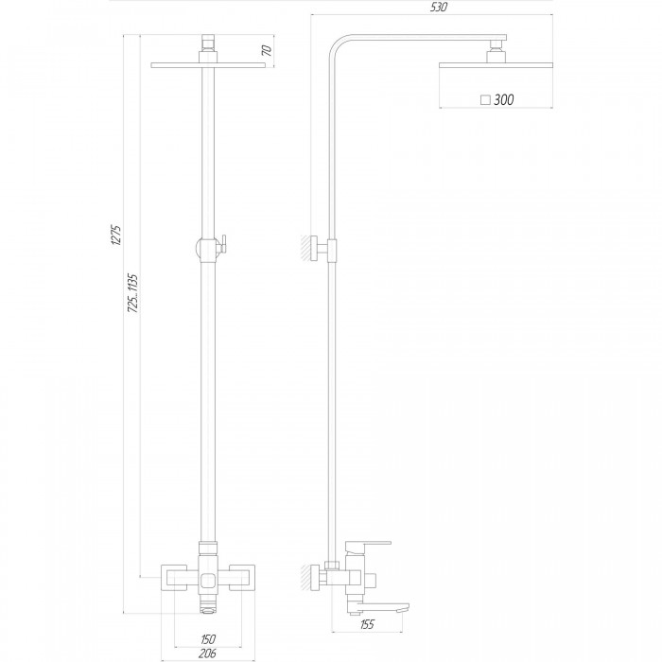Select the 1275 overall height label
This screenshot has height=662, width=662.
[x=115, y=235]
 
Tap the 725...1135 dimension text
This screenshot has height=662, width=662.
[x=133, y=293]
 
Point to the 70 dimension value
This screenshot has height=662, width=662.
[x=267, y=50]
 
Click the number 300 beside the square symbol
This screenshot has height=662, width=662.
[x=504, y=99]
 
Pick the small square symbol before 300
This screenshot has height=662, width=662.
[x=485, y=100]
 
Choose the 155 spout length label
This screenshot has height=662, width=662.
[x=367, y=624]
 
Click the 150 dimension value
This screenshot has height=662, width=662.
[x=208, y=638]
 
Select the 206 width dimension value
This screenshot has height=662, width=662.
[x=207, y=653]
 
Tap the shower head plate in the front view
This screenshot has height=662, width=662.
[x=208, y=65]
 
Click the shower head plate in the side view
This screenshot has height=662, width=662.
[x=496, y=65]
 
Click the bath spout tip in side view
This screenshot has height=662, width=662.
[x=406, y=608]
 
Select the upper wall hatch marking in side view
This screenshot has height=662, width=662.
[x=305, y=248]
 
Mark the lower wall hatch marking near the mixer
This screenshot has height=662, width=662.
[x=305, y=577]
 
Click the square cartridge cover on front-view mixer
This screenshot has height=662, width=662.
[x=209, y=581]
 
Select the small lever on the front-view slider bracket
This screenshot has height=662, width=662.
[x=222, y=245]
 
